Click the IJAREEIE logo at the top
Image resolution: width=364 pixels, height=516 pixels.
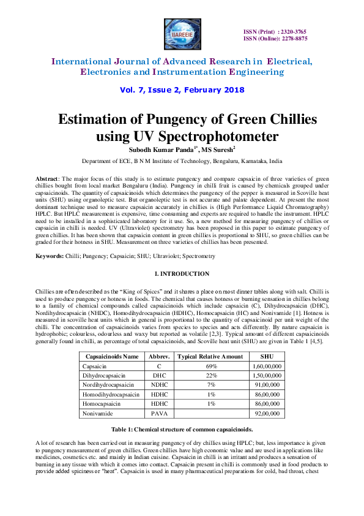[x=182, y=34]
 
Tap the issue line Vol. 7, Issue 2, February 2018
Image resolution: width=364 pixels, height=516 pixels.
[x=182, y=89]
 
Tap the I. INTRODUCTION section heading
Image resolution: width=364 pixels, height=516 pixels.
[x=182, y=273]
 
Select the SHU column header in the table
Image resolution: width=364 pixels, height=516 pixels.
[x=266, y=355]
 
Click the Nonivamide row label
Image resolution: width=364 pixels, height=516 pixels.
[x=98, y=414]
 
